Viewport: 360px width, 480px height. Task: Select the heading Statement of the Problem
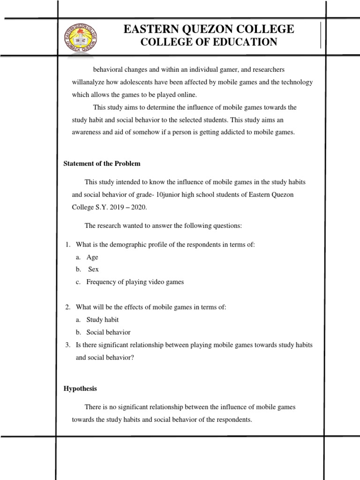[x=102, y=164]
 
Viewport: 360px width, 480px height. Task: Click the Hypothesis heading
[x=80, y=389]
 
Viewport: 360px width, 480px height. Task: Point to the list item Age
[x=92, y=257]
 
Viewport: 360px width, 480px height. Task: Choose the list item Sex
[x=93, y=270]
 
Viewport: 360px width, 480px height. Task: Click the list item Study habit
[x=102, y=319]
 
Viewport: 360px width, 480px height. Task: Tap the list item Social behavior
[x=108, y=332]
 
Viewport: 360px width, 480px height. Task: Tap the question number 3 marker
[x=67, y=345]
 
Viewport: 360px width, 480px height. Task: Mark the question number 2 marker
[x=67, y=307]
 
